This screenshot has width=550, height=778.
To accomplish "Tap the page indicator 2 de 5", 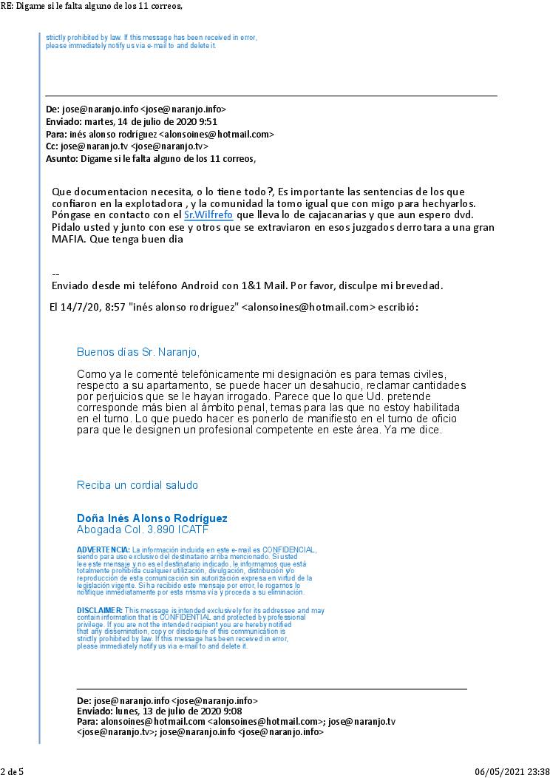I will point(12,771).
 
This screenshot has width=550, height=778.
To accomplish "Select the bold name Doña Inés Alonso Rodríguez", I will point(152,518).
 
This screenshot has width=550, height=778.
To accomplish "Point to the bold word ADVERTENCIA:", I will point(103,550).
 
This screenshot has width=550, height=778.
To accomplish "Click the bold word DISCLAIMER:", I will point(99,610).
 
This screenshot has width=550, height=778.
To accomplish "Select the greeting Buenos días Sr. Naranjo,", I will point(138,352).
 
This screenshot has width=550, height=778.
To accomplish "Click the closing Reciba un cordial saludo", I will point(137,485).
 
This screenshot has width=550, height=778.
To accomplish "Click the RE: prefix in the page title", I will point(7,6).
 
